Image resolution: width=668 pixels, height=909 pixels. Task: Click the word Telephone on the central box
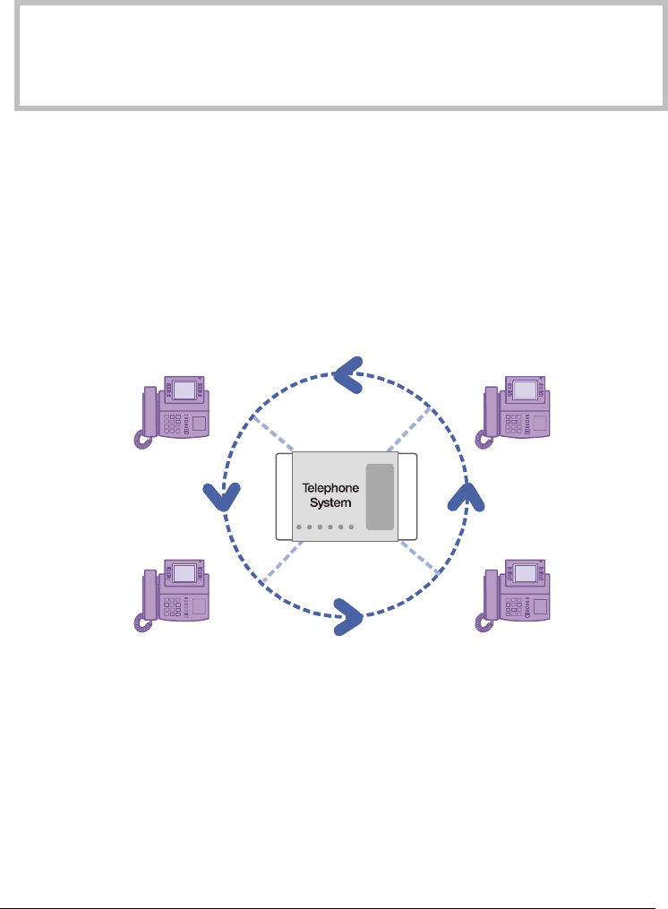coord(330,489)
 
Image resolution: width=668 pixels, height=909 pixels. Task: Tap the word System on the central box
coord(330,503)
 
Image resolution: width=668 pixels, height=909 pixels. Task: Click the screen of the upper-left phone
coord(185,390)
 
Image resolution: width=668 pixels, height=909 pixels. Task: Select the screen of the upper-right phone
coord(527,390)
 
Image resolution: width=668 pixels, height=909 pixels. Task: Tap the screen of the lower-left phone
coord(185,574)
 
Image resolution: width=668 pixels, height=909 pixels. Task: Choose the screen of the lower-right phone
coord(527,574)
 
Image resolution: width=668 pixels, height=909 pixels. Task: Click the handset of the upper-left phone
coord(150,409)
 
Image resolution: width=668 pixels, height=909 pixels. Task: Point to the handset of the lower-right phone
coord(492,594)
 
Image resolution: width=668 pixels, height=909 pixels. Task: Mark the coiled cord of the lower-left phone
coord(141,625)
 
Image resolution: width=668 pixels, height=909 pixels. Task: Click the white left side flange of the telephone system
coord(284,496)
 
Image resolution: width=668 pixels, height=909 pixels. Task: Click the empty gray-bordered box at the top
coord(333,56)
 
